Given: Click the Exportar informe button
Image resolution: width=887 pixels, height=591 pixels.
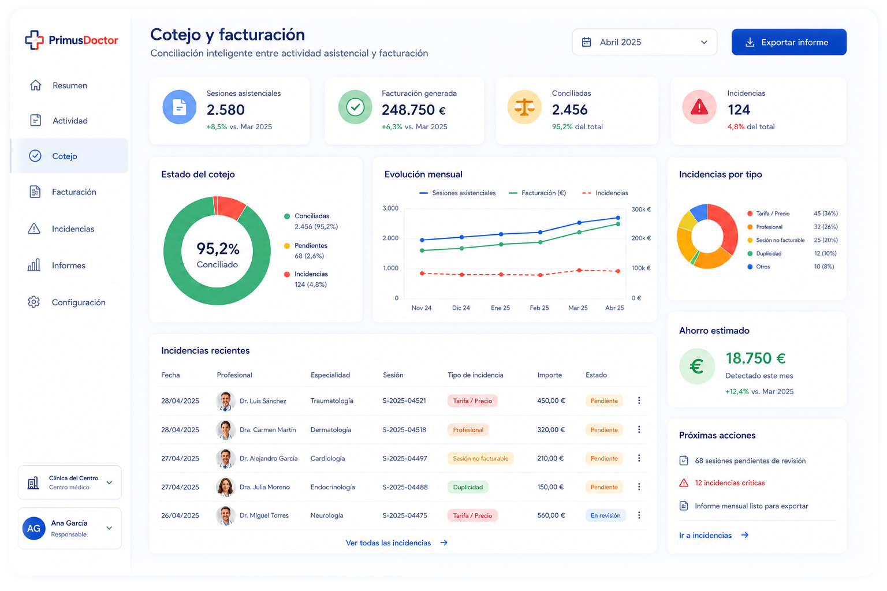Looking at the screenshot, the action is [x=788, y=42].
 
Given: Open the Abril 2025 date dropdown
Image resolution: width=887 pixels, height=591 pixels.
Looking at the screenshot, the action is [x=644, y=42].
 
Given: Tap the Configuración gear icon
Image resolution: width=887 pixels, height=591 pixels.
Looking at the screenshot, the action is [x=33, y=302].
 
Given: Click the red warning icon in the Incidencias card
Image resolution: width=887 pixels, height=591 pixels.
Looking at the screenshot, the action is [x=699, y=107].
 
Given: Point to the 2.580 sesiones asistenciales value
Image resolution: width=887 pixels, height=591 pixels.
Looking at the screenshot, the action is [x=225, y=110].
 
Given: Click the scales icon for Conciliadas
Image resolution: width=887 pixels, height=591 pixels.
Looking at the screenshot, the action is [x=524, y=107].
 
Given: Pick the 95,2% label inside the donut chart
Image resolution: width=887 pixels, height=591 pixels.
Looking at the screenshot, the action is [x=218, y=249].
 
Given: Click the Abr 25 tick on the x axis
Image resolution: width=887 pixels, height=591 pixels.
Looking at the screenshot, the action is [x=614, y=308].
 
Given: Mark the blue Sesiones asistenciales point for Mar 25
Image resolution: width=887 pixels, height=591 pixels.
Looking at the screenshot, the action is [x=579, y=223].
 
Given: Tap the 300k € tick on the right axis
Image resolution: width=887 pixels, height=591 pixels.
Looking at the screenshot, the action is [x=641, y=210].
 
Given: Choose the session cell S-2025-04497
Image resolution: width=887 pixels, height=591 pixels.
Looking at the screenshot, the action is [x=404, y=458].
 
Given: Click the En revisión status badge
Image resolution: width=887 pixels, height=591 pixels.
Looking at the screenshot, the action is [x=605, y=515].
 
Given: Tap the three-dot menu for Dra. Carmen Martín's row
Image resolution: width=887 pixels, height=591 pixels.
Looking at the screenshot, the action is [x=639, y=429].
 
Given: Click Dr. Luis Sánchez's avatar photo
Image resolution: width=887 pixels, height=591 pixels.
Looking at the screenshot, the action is [x=225, y=401].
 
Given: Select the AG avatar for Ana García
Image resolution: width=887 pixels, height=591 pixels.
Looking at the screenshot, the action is [x=33, y=529].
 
